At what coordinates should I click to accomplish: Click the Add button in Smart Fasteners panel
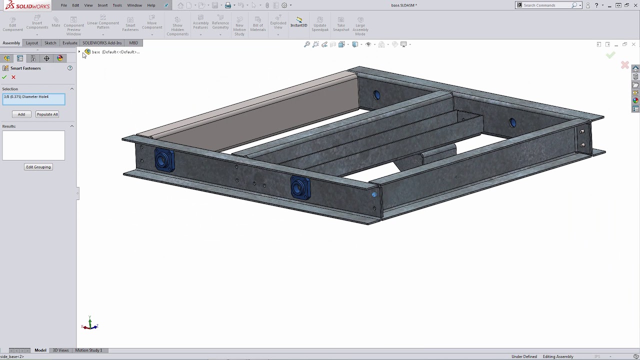click(21, 114)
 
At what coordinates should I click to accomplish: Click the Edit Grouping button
click(38, 167)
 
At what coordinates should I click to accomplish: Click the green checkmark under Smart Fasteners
click(4, 77)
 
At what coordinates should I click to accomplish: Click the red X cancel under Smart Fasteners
click(13, 77)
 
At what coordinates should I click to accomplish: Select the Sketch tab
click(50, 43)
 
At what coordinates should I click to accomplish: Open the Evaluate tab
click(69, 43)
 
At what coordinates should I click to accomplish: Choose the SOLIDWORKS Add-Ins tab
click(102, 43)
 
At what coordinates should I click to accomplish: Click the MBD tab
click(133, 43)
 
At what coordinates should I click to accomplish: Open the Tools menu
click(117, 5)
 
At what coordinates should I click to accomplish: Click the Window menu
click(134, 5)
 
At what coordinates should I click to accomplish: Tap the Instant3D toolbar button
click(299, 22)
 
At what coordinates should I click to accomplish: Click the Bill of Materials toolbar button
click(258, 25)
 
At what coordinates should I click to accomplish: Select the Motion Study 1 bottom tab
click(88, 350)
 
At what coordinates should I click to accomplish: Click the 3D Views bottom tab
click(60, 350)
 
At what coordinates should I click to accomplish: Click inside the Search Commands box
click(546, 5)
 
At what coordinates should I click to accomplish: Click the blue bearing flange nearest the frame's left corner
click(163, 160)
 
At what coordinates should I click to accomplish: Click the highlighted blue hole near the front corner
click(374, 194)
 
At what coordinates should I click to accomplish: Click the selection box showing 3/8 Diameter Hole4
click(33, 99)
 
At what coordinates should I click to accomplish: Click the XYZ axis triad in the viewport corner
click(90, 325)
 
